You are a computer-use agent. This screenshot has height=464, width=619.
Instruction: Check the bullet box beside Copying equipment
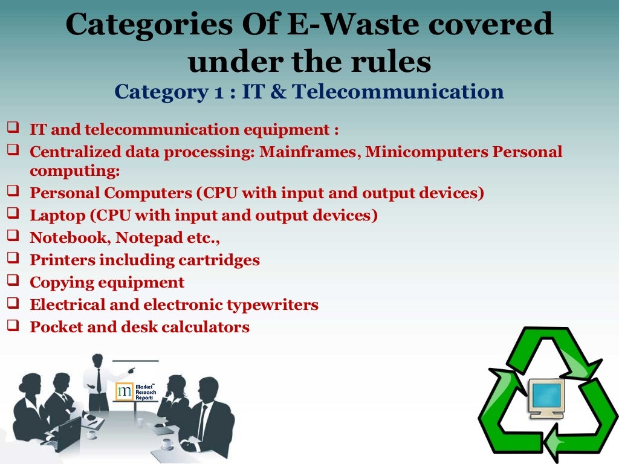point(13,281)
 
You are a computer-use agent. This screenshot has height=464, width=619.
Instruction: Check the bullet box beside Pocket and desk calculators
point(13,326)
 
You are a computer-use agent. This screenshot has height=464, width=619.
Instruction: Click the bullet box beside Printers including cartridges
point(13,259)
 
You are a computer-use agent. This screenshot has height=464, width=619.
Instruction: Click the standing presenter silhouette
point(97,381)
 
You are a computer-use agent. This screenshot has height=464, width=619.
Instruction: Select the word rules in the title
point(400,61)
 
